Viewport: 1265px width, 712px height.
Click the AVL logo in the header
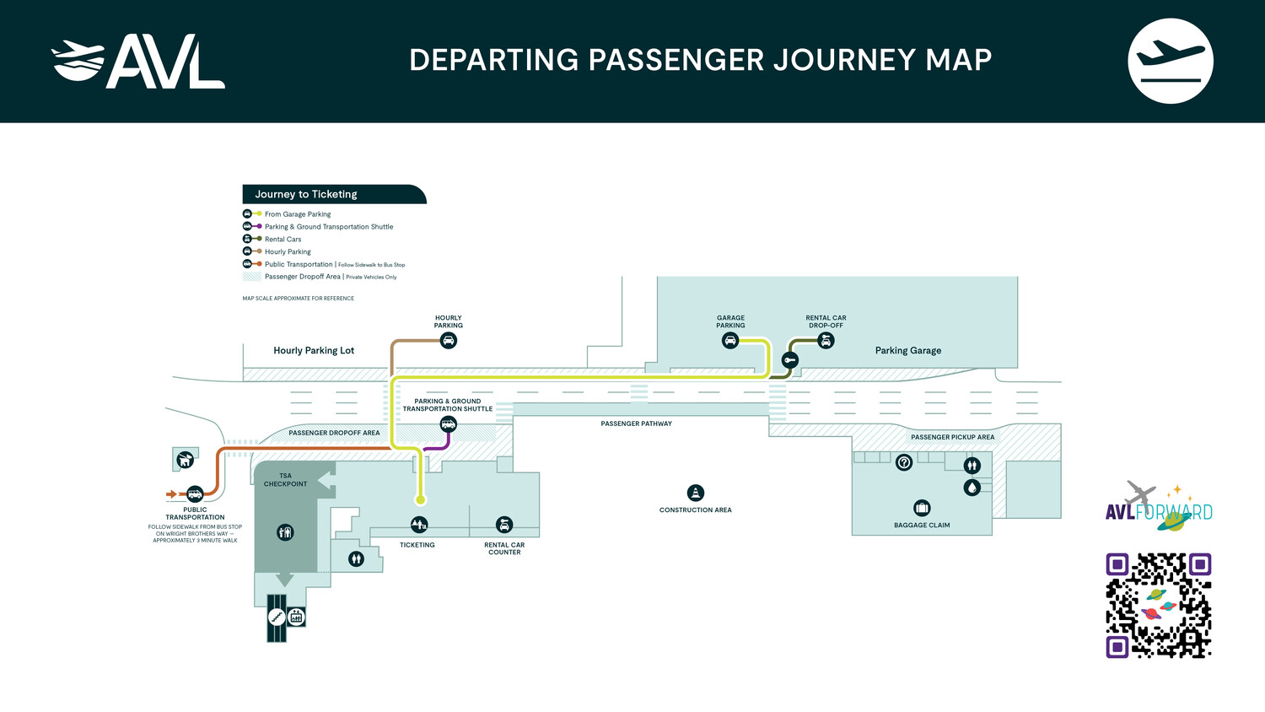(138, 62)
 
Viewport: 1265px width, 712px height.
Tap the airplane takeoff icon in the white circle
(1170, 61)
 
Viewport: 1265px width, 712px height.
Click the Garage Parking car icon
(730, 341)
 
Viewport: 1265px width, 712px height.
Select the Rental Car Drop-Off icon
(826, 341)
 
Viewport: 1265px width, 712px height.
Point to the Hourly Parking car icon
(449, 341)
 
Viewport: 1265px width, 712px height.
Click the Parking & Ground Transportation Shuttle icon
(449, 424)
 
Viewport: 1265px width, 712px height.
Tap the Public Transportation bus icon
(195, 494)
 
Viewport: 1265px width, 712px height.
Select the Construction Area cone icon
(695, 493)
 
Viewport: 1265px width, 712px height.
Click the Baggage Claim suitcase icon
(922, 508)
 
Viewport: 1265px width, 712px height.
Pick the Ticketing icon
(419, 525)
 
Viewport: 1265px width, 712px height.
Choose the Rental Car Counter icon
(504, 525)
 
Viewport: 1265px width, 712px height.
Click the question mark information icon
(904, 462)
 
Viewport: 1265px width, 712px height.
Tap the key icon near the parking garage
(790, 360)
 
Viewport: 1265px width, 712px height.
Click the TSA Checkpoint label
(285, 480)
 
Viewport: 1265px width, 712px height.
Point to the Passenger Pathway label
(636, 423)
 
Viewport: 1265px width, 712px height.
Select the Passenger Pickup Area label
(952, 437)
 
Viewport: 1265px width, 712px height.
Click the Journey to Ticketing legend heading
(306, 194)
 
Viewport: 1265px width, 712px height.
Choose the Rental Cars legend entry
(283, 240)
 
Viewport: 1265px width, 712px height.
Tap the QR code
(1159, 605)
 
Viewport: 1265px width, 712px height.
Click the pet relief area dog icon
(185, 460)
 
